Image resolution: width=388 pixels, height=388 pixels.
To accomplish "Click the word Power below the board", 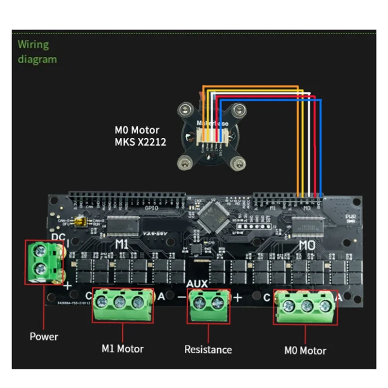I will click(44, 336).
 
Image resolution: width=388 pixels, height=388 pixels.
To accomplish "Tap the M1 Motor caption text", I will click(122, 348).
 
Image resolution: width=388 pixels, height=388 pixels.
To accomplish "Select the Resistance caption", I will click(208, 349).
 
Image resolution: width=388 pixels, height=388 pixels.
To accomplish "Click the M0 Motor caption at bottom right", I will click(305, 350).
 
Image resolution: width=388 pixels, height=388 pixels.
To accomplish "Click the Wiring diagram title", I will click(37, 52).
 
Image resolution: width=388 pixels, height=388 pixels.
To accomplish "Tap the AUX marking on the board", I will click(197, 283).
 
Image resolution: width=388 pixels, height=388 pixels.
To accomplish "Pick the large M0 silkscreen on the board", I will click(307, 244).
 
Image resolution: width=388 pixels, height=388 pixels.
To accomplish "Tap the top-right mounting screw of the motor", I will click(238, 110).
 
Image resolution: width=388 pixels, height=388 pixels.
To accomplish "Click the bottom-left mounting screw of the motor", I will click(185, 162).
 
